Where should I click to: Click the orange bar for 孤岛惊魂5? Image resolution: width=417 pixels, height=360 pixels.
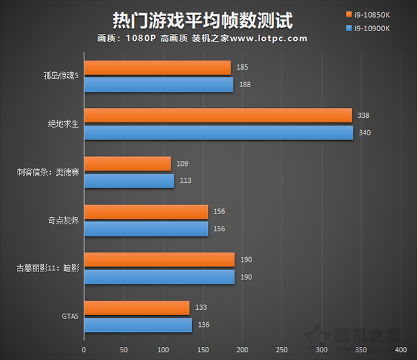[x=157, y=68]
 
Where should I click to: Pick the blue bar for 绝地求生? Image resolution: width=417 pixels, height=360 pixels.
[x=218, y=133]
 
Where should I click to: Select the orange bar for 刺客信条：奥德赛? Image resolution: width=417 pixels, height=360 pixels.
[x=127, y=163]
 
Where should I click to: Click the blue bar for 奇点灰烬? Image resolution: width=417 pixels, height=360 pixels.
[x=146, y=229]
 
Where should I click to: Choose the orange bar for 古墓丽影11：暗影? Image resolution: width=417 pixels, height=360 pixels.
[x=159, y=260]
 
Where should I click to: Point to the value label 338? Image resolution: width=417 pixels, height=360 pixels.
[x=364, y=115]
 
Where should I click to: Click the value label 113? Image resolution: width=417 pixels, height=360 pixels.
[x=185, y=180]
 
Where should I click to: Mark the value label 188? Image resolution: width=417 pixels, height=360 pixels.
[x=244, y=85]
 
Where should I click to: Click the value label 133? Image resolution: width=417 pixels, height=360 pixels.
[x=201, y=308]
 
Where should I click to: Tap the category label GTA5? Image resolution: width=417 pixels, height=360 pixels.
[x=70, y=317]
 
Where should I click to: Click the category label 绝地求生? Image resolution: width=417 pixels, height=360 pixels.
[x=63, y=124]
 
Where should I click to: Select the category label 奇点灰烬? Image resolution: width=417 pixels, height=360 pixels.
[x=63, y=221]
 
